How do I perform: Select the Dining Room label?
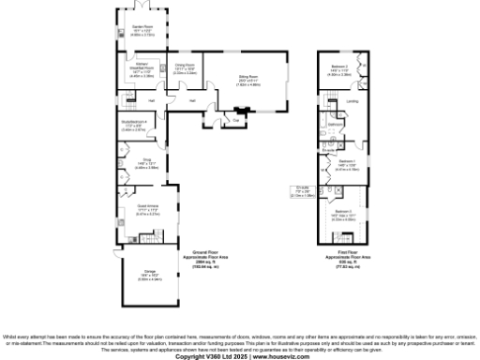pos(184,68)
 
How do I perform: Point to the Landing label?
pos(352,101)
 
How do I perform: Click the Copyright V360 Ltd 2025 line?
pos(240,356)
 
